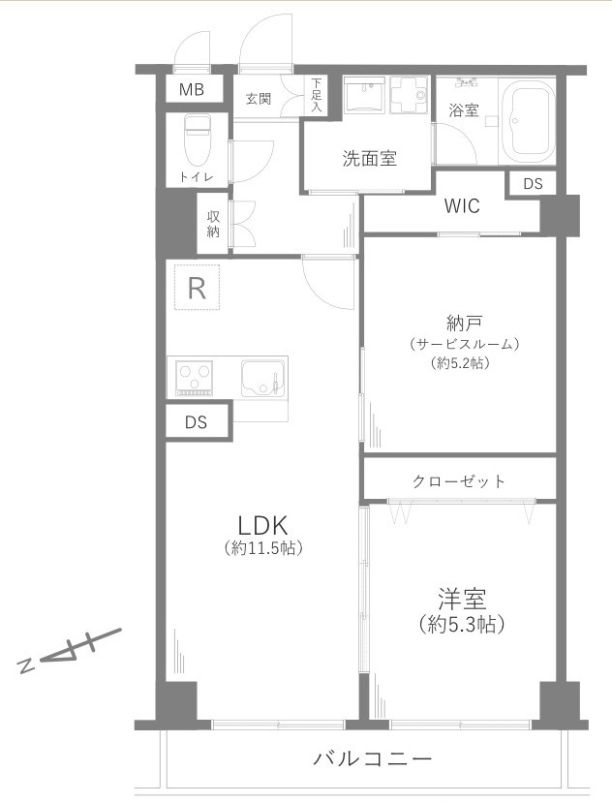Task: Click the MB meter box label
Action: pos(192,90)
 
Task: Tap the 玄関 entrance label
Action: pos(258,98)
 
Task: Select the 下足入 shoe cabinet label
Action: pos(316,96)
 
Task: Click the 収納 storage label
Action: pos(213,224)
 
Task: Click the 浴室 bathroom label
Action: pos(463,110)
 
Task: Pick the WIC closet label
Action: pos(461,206)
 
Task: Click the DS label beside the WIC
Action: pos(533,184)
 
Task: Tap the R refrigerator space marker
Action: pos(197,288)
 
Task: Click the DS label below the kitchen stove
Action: pos(197,422)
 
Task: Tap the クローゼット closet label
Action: pos(459,481)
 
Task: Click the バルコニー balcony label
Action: pos(372,758)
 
